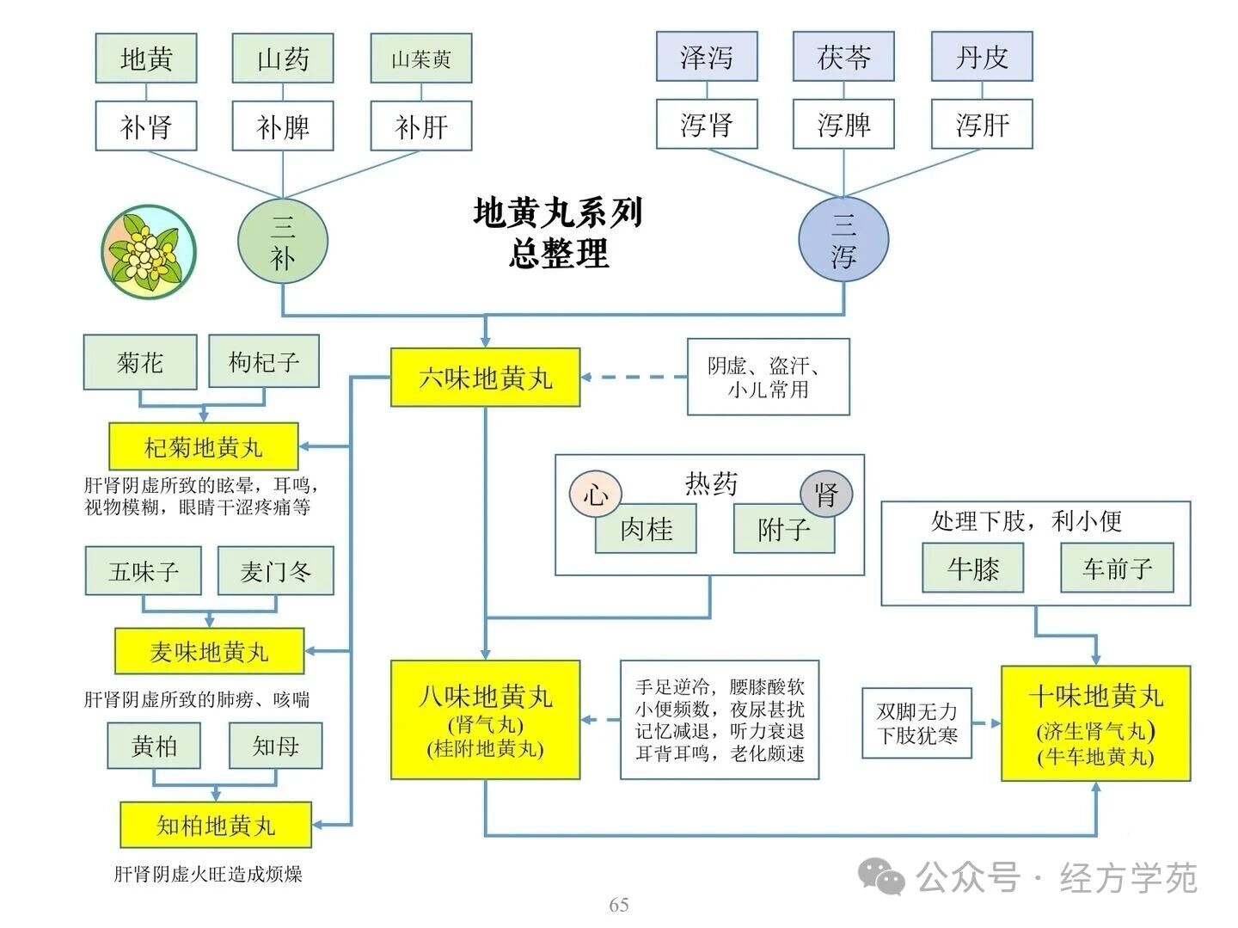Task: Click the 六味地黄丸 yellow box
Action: click(x=485, y=377)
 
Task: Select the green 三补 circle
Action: click(x=283, y=241)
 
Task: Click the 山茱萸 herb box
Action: click(x=421, y=58)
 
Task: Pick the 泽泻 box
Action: click(x=707, y=57)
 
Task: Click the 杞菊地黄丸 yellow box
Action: click(x=204, y=446)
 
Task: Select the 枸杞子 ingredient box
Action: click(x=264, y=361)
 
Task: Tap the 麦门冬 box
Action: click(x=275, y=571)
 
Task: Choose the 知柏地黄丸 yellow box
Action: click(x=215, y=825)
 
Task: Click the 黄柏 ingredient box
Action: click(x=155, y=746)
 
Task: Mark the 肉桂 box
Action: click(x=647, y=529)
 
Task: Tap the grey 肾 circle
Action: click(x=826, y=495)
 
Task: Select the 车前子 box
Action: click(x=1117, y=568)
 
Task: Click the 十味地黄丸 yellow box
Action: click(x=1096, y=723)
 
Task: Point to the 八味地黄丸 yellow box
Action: click(x=485, y=720)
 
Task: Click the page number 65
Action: click(x=619, y=905)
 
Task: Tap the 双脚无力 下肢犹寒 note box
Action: click(x=917, y=723)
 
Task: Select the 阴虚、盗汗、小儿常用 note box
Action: click(x=769, y=377)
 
